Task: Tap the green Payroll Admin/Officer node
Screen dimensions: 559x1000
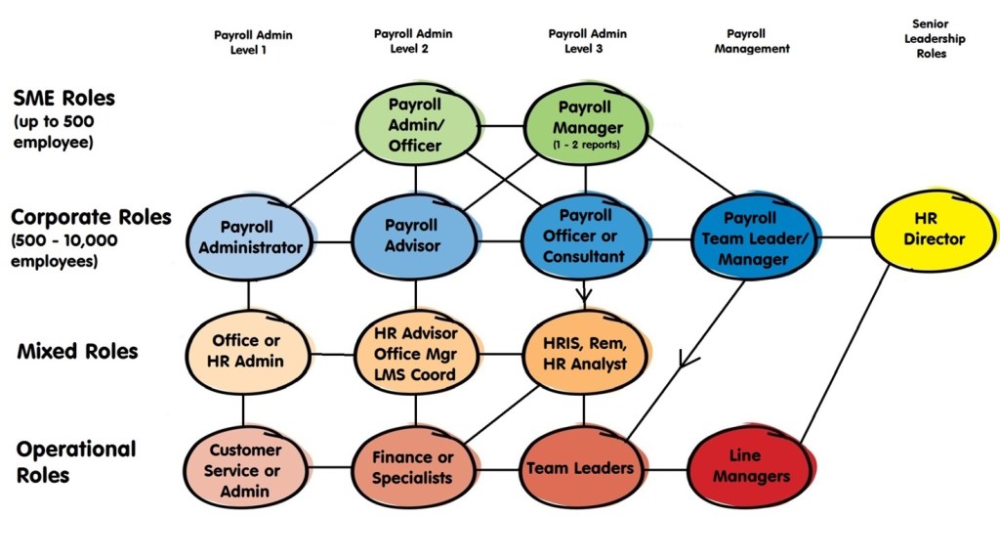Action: (x=416, y=124)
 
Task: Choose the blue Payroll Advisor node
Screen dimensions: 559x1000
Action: (x=416, y=236)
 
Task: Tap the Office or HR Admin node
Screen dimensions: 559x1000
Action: (x=248, y=351)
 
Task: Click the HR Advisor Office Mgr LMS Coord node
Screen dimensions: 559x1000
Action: (x=415, y=352)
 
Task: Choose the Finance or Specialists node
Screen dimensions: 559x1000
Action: (x=413, y=468)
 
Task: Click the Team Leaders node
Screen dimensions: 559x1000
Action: (x=580, y=467)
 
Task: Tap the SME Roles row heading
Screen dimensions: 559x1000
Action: (x=63, y=99)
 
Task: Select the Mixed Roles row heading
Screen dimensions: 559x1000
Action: (x=77, y=351)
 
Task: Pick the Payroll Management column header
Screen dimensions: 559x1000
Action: (x=751, y=40)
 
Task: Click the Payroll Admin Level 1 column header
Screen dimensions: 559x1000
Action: (x=252, y=42)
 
